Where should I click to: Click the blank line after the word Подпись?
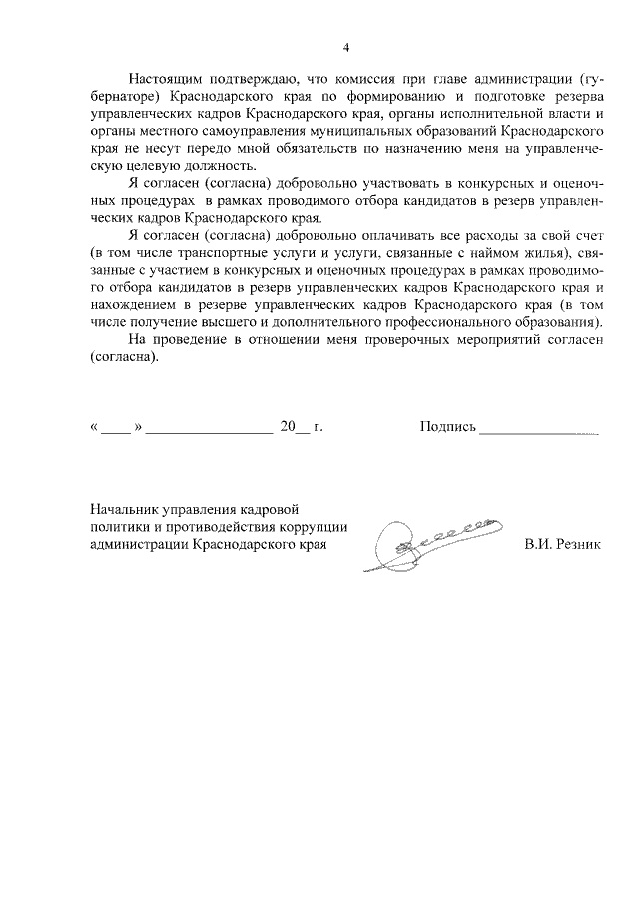point(538,429)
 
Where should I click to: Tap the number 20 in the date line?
point(289,427)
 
